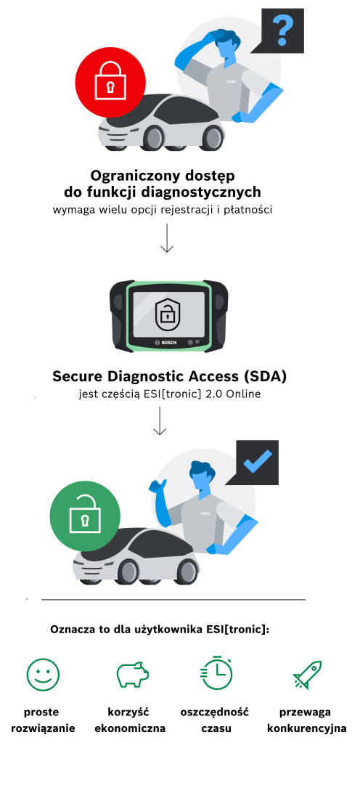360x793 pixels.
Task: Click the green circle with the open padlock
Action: tap(85, 516)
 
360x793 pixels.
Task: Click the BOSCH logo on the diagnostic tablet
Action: tap(166, 343)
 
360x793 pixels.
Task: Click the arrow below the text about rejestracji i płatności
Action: tap(166, 238)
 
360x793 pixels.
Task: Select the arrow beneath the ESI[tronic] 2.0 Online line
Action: tap(160, 420)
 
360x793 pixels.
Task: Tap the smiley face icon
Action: tap(43, 675)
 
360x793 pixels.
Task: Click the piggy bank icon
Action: tap(133, 675)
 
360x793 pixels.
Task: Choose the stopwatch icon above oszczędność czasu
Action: tap(217, 673)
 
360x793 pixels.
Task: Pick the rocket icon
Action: tap(307, 675)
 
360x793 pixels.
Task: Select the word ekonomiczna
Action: tap(130, 729)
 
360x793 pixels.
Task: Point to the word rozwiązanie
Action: tap(43, 729)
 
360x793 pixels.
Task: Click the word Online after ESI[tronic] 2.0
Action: tap(244, 394)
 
